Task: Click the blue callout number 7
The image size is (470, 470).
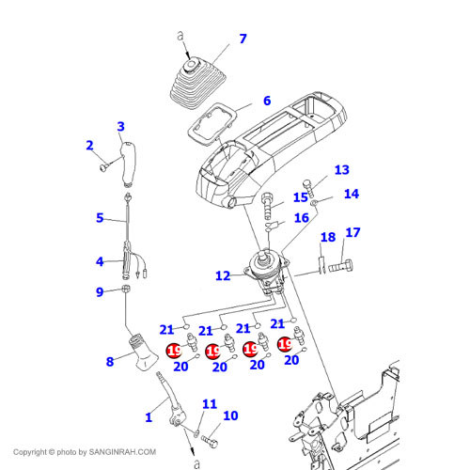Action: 243,39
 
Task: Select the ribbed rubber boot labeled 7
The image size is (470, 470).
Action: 197,83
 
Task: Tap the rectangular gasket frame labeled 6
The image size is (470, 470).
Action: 212,125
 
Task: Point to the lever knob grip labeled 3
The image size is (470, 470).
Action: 129,164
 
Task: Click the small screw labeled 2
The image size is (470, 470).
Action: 104,167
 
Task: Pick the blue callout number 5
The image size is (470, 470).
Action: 100,218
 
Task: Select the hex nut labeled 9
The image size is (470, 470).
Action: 126,289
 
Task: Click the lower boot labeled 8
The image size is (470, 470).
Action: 143,352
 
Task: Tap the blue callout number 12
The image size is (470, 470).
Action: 223,275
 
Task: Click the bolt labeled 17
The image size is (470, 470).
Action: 341,266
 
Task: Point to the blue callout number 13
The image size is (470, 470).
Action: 341,170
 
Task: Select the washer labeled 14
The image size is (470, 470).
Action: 314,203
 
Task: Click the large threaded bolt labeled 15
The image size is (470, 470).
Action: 267,206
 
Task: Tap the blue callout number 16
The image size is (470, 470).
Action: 302,218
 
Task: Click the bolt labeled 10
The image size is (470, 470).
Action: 210,441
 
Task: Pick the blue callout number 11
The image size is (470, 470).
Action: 210,404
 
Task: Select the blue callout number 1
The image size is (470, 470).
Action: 149,417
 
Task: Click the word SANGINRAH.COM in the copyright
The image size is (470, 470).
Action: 122,452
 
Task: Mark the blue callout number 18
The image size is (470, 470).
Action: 328,237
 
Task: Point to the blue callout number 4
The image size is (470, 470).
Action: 100,261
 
